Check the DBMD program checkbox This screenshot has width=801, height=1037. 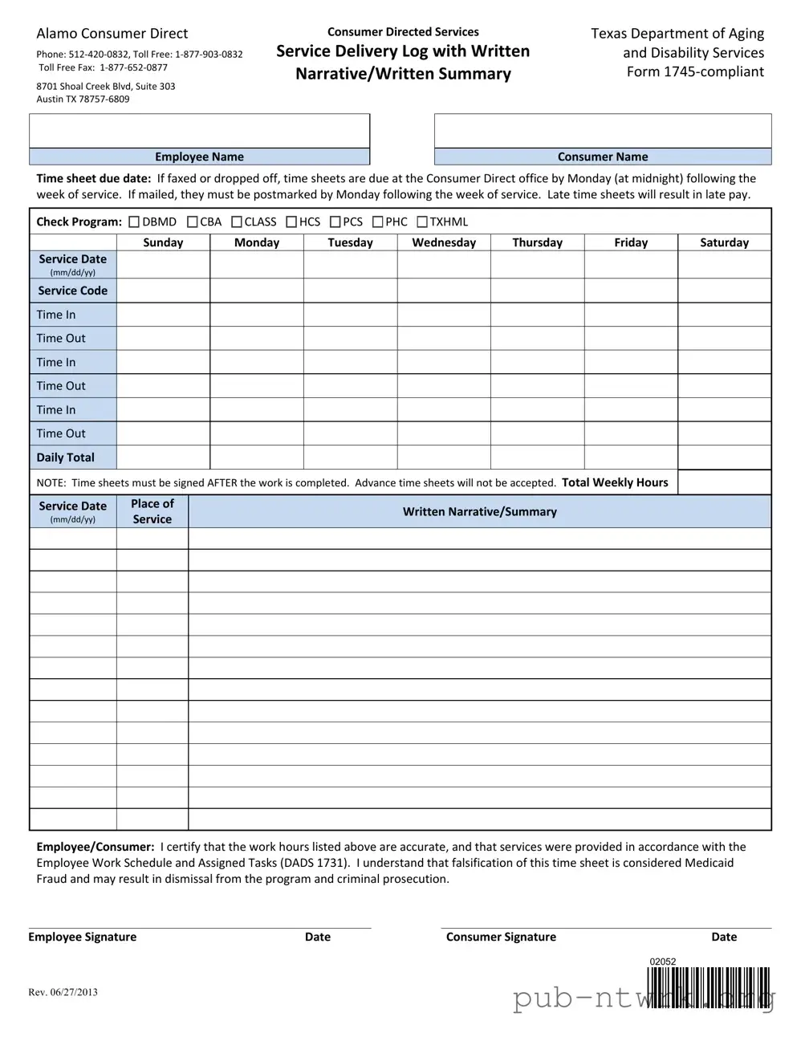coord(134,222)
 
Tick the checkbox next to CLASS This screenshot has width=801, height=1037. coord(237,222)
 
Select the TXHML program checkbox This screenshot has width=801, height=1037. coord(422,222)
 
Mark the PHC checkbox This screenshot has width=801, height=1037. coord(377,222)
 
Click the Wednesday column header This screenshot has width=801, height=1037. coord(444,242)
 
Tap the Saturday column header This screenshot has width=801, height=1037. coord(724,242)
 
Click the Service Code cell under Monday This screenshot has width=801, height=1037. coord(257,291)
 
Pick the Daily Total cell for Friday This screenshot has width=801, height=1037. coord(631,458)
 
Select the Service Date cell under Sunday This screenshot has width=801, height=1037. coord(163,264)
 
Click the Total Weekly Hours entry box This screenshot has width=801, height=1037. coord(724,482)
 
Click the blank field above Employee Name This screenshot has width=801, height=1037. coord(199,131)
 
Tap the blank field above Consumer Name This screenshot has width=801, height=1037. coord(603,131)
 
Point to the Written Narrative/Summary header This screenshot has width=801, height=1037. coord(479,511)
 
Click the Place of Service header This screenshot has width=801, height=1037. coord(152,511)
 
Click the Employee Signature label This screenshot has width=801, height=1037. coord(83,937)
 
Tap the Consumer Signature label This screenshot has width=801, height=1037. coord(501,937)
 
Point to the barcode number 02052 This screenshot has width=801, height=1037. coord(663,962)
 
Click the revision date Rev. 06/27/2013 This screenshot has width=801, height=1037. coord(63,992)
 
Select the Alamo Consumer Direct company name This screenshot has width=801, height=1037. coord(112,34)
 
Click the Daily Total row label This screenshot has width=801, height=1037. coord(66,458)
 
